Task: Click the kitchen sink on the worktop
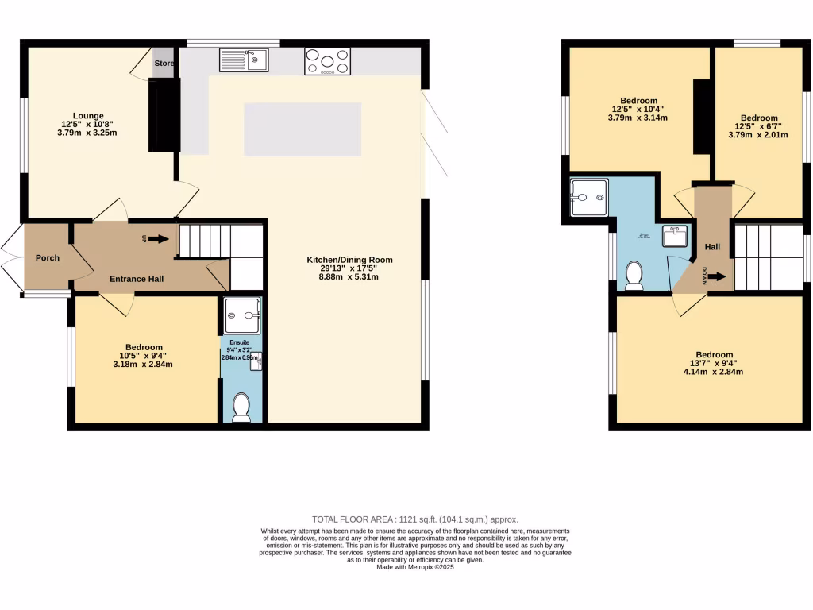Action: pos(245,60)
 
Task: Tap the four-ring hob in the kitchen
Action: pos(327,61)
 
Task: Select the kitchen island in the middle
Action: pos(302,129)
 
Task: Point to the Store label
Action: pos(164,64)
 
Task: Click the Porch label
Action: pos(48,257)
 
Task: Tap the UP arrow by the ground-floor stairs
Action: pos(156,238)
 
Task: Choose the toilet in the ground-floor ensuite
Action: pos(241,407)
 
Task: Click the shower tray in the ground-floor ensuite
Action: pos(242,315)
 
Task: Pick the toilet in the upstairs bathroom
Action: pos(634,275)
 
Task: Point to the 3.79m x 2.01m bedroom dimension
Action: pos(757,135)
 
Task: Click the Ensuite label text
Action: pos(240,342)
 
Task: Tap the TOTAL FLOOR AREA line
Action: pos(415,516)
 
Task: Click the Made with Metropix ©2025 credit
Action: pos(415,567)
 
